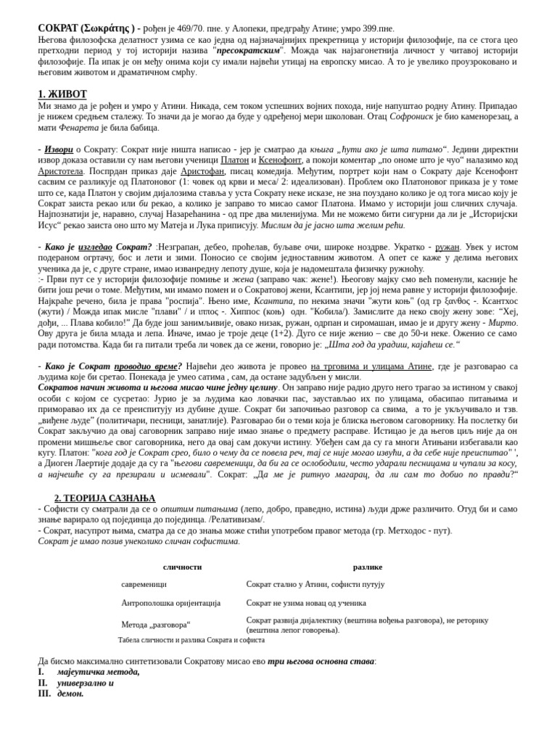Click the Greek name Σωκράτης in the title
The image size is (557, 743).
(110, 28)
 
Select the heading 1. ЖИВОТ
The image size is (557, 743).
(62, 94)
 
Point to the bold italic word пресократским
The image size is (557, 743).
(250, 51)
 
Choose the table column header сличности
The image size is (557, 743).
(182, 567)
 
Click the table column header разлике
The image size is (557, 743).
(367, 567)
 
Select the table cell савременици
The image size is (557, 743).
(144, 584)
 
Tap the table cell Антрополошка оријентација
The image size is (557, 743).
(170, 603)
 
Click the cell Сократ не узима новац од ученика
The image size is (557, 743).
(305, 603)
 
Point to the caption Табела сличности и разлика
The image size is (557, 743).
(191, 640)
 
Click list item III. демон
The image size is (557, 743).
(70, 694)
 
